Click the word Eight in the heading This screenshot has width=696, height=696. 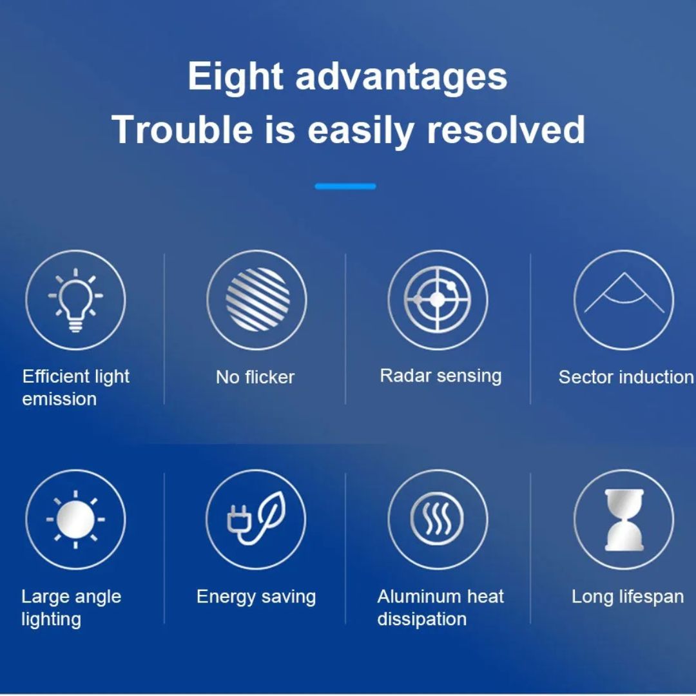[235, 76]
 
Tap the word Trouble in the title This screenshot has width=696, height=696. [182, 129]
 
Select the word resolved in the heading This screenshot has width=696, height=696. [506, 129]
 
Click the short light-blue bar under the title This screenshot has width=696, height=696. [345, 186]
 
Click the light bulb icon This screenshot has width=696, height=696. [75, 300]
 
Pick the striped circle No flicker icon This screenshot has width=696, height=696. [257, 300]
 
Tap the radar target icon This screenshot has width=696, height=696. [438, 300]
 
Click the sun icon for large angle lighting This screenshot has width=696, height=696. [75, 519]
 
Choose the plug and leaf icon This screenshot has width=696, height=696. [256, 518]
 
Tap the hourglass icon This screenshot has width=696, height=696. [624, 520]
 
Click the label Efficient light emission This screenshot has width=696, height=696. [76, 387]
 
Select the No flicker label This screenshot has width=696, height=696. [255, 377]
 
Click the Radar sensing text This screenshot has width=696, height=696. [441, 376]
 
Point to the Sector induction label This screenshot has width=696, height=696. [626, 377]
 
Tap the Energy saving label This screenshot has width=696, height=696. [256, 597]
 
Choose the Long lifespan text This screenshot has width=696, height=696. [628, 597]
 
